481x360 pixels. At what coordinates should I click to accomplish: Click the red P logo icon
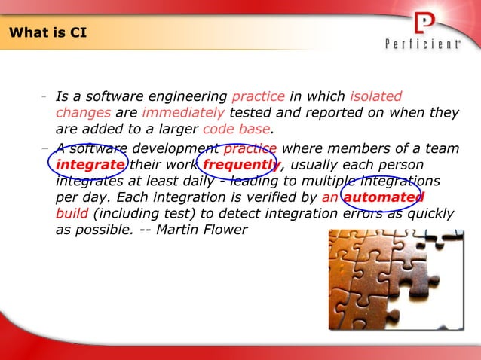424,22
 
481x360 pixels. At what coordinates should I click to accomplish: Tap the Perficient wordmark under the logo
423,45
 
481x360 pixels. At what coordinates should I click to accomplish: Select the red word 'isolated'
376,96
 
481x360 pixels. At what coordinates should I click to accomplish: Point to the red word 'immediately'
183,113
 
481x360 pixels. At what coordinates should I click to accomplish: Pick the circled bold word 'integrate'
90,165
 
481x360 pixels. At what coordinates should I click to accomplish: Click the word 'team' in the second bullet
443,148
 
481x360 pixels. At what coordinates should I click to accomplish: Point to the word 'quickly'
430,214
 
